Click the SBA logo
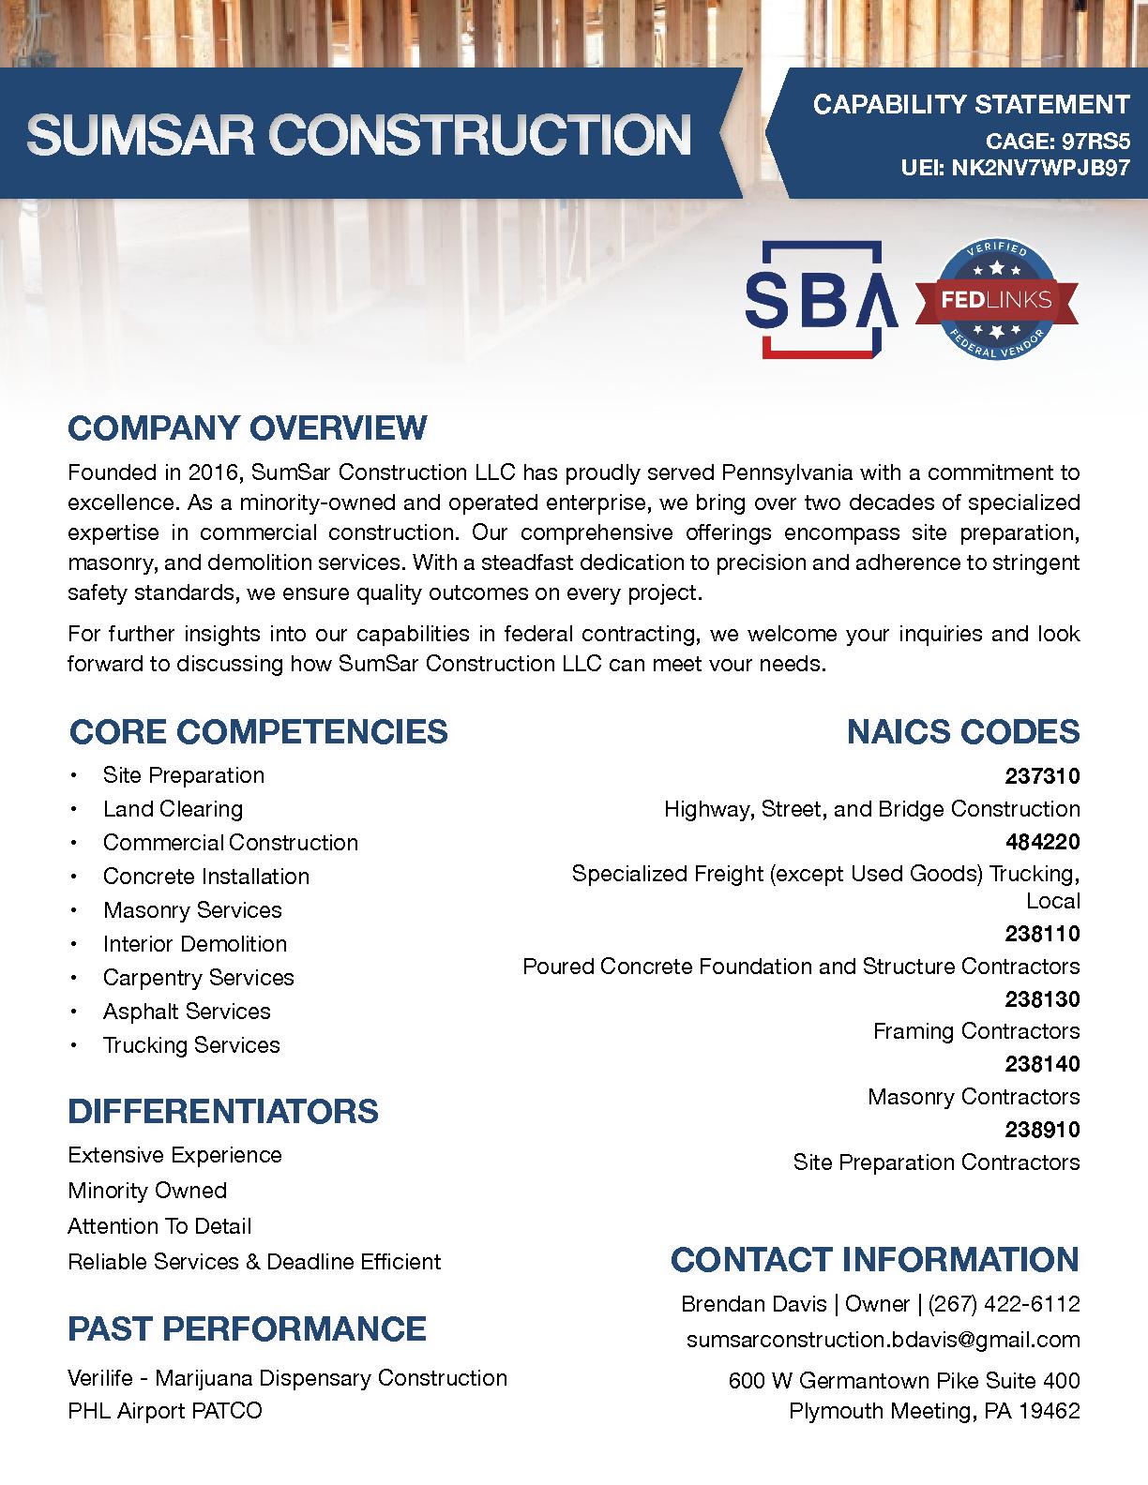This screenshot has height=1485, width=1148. [820, 299]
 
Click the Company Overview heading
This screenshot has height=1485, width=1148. [247, 428]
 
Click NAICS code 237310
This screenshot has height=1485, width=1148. [1042, 776]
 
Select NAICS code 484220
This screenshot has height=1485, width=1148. [1042, 842]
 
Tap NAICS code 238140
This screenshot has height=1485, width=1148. [1042, 1064]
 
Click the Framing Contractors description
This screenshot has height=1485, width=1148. [976, 1031]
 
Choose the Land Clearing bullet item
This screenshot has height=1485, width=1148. [173, 809]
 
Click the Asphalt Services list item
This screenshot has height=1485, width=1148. [187, 1012]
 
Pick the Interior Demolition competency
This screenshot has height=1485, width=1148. [195, 944]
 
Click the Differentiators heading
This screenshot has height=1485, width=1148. [223, 1111]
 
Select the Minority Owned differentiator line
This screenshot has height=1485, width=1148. [147, 1191]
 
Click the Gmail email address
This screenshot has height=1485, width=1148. [883, 1340]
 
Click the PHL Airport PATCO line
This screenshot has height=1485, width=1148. [165, 1410]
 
